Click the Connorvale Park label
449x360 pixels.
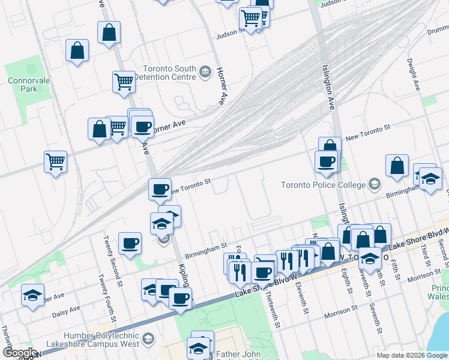point(23,85)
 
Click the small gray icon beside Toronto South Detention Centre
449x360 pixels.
point(206,73)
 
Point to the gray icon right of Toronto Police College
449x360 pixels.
point(375,184)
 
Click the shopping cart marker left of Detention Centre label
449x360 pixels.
point(124,81)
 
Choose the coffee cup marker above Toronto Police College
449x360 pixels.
point(327,161)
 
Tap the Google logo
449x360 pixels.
point(19,353)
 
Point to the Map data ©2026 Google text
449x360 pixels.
point(411,355)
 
